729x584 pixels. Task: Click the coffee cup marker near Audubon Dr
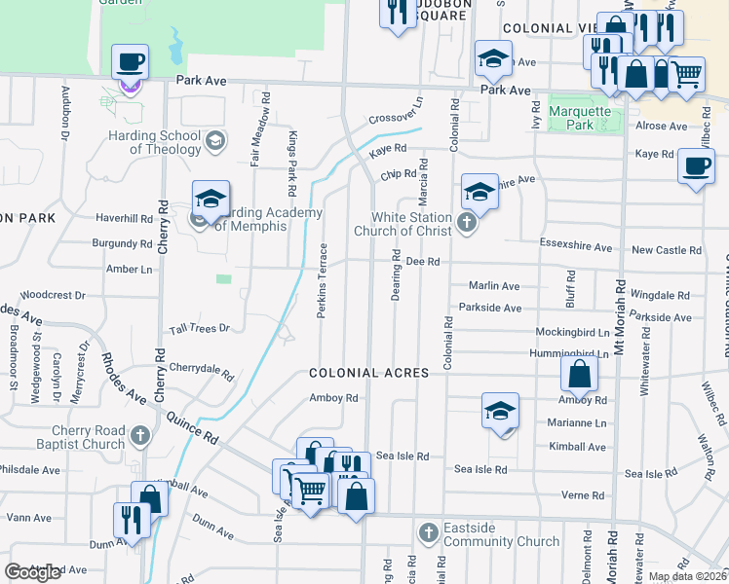click(x=130, y=64)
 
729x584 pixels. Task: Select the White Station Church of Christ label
click(x=410, y=224)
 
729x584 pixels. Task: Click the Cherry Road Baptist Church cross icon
click(x=140, y=435)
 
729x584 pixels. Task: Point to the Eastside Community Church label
click(x=500, y=534)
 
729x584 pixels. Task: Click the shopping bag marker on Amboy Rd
click(x=579, y=376)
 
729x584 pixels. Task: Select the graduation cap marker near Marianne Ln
click(x=500, y=412)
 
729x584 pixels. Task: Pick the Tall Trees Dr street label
click(x=198, y=329)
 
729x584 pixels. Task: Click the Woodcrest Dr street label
click(x=53, y=293)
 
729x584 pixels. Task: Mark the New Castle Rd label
click(x=667, y=250)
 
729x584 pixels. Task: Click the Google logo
click(x=32, y=572)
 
